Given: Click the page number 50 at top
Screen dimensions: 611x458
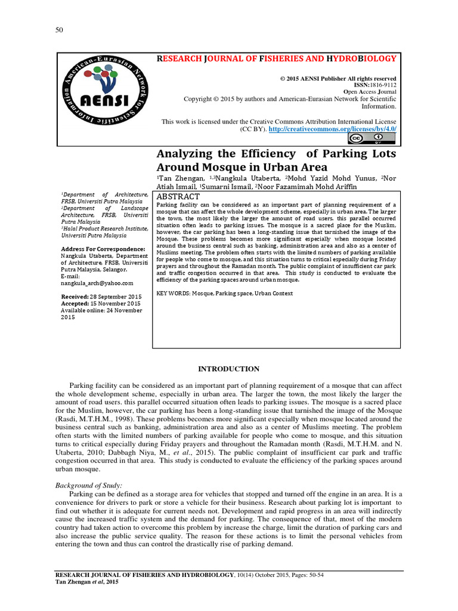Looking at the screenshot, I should pyautogui.click(x=59, y=30).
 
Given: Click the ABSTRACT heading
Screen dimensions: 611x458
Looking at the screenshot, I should pyautogui.click(x=178, y=196).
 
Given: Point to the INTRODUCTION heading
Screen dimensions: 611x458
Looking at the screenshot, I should pyautogui.click(x=228, y=369).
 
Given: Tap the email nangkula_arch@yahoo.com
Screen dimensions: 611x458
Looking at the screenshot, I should pyautogui.click(x=97, y=283).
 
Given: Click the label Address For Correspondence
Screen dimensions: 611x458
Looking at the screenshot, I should pyautogui.click(x=103, y=248).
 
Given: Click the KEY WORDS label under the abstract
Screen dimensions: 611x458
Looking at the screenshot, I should pyautogui.click(x=172, y=294).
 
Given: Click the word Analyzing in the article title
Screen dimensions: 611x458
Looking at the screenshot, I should pyautogui.click(x=185, y=154).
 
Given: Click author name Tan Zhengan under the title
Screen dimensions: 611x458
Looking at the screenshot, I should pyautogui.click(x=181, y=178).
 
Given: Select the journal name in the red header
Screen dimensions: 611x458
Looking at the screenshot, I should pyautogui.click(x=276, y=58).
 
